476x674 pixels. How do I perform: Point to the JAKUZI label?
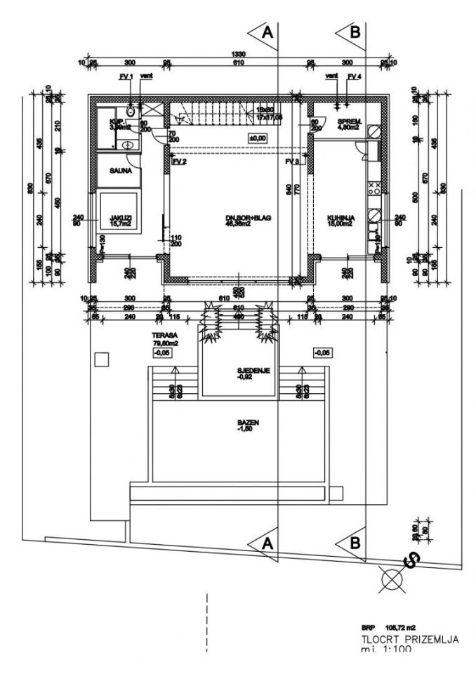point(117,218)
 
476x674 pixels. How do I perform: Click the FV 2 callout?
point(179,161)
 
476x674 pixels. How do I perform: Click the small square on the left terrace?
point(102,359)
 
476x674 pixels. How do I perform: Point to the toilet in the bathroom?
point(131,112)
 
